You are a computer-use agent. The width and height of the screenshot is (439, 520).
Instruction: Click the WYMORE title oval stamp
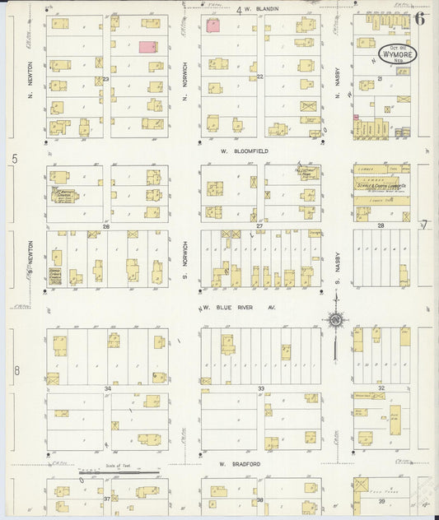tap(397, 55)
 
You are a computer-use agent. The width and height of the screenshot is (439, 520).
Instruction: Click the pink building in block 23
tap(148, 48)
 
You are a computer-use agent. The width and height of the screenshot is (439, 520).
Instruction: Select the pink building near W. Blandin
tap(212, 26)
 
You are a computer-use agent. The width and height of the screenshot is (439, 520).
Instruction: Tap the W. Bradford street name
tap(240, 464)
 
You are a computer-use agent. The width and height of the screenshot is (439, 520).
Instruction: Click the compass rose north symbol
tap(336, 320)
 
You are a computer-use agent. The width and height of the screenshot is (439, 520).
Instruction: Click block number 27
tap(259, 225)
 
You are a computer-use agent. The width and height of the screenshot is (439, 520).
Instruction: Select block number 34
tap(107, 388)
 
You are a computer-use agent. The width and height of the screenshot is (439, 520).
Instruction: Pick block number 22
tap(259, 76)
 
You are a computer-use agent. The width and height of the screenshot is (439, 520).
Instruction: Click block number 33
tap(260, 388)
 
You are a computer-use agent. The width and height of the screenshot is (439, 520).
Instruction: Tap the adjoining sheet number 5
tap(14, 158)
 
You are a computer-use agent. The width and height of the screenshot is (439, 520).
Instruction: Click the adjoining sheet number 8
tap(16, 370)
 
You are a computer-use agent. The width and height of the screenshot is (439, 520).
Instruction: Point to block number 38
tap(259, 499)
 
